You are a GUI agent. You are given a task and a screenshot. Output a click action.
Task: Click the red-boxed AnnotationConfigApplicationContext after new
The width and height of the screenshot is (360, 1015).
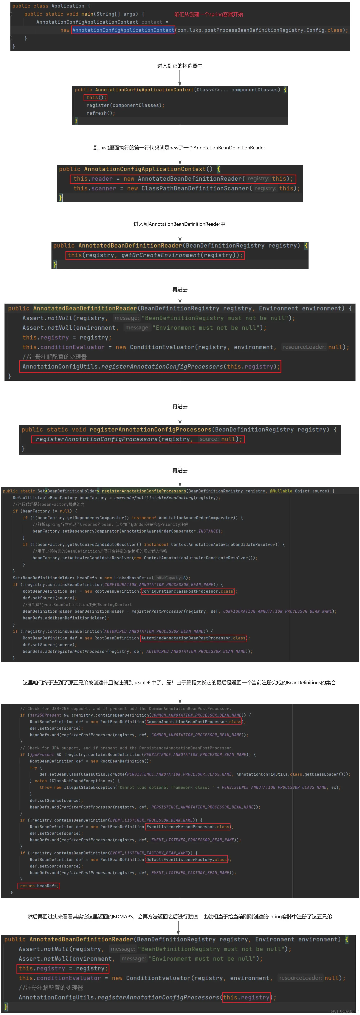tap(123, 30)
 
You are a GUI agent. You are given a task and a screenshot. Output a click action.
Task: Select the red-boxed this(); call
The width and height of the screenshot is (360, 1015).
tap(95, 97)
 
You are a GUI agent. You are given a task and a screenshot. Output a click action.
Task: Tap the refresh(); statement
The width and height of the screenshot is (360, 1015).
tap(100, 113)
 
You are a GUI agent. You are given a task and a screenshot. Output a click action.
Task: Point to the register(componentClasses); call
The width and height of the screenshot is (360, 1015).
tap(125, 105)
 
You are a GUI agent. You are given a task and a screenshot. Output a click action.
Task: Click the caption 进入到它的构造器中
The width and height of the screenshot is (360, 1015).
tap(180, 66)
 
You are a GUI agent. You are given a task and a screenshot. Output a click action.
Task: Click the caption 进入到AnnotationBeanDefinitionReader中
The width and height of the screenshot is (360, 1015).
tap(179, 224)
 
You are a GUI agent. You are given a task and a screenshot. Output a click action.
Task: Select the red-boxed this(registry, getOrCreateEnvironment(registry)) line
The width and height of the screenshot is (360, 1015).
tap(154, 255)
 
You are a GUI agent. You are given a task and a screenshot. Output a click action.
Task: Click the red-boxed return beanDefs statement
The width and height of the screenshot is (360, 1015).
tap(39, 886)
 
